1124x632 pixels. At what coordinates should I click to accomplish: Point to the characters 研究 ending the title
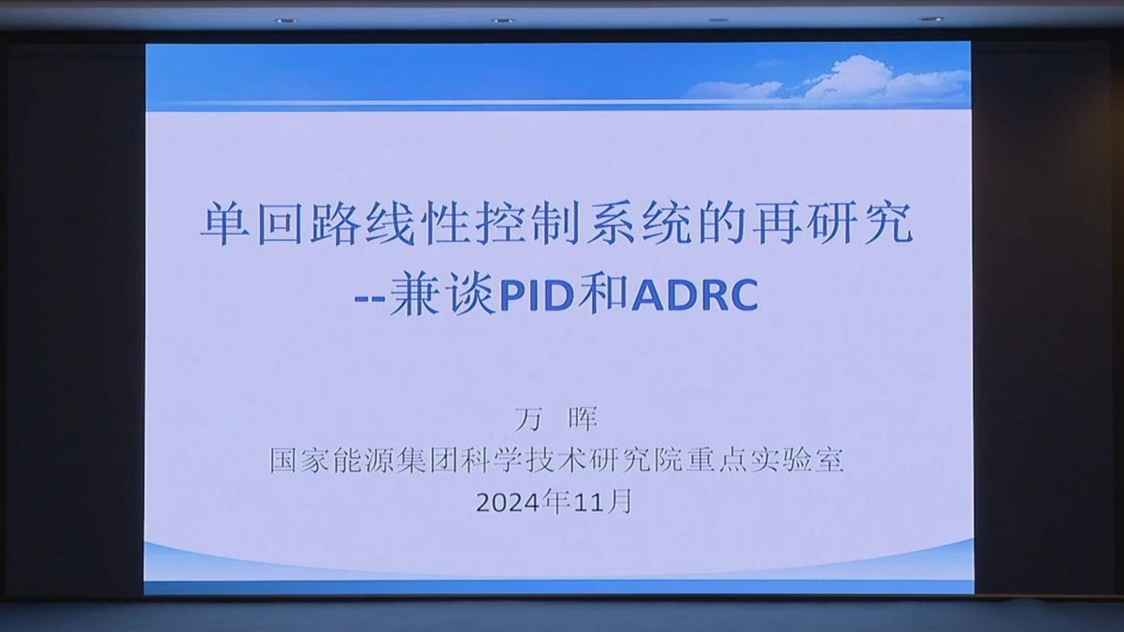pos(861,224)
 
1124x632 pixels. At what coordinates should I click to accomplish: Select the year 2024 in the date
pos(509,503)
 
